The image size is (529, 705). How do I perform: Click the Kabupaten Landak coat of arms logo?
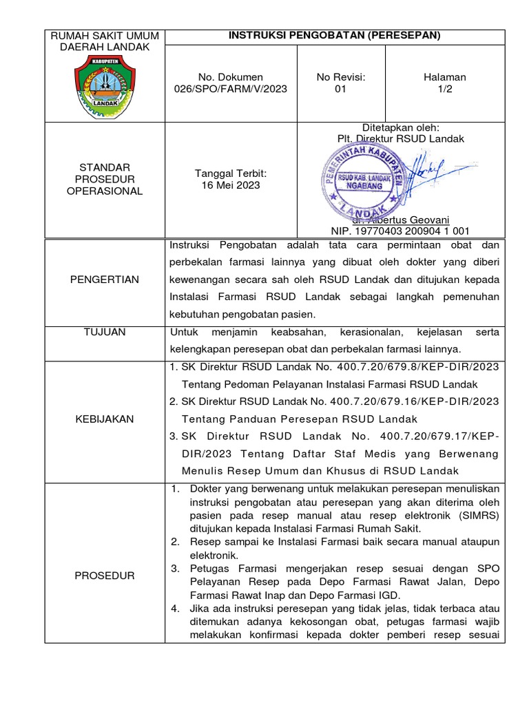click(101, 84)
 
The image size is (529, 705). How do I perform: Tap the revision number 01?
click(340, 89)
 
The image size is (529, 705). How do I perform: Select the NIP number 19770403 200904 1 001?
click(400, 231)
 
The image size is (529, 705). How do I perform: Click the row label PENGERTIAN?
click(104, 279)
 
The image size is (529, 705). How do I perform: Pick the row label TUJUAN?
click(104, 332)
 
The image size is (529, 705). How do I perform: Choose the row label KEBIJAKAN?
click(104, 419)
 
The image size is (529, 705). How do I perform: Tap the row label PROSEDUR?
click(104, 576)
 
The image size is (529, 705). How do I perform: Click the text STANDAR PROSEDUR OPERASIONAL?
click(104, 179)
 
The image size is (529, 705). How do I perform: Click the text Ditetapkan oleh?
click(400, 127)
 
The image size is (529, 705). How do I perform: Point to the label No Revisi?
click(340, 77)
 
